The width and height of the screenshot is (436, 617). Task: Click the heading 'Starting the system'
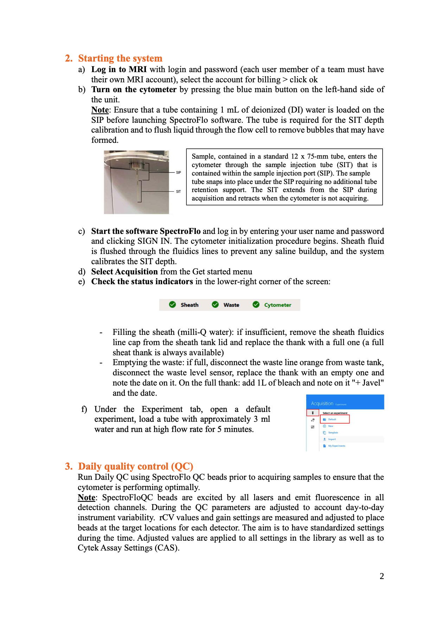coord(120,58)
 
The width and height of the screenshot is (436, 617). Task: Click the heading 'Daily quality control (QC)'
coord(135,466)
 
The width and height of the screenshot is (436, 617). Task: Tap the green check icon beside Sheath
coord(172,305)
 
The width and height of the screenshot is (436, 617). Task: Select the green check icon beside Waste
coord(215,305)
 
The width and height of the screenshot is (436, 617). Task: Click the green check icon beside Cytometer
coord(256,305)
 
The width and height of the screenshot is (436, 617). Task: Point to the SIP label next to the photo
coord(179,172)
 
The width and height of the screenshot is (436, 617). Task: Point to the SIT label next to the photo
coord(179,191)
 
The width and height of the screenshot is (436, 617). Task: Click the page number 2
coord(381,576)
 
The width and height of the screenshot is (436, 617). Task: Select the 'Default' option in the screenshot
coord(332,419)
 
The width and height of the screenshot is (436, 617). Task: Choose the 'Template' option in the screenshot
coord(333,433)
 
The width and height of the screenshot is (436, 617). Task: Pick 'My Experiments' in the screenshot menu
coord(336,446)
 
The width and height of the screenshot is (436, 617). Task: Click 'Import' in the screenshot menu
coord(332,439)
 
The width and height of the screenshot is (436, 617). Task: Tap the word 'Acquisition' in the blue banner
coord(322,403)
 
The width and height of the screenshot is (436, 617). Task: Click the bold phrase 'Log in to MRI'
coord(119,69)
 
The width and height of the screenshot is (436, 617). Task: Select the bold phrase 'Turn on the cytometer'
coord(134,89)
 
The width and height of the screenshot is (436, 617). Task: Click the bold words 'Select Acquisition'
coord(124,272)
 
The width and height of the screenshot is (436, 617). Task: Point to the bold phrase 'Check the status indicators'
coord(142,281)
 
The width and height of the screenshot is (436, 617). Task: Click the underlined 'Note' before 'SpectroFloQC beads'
coord(86,497)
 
